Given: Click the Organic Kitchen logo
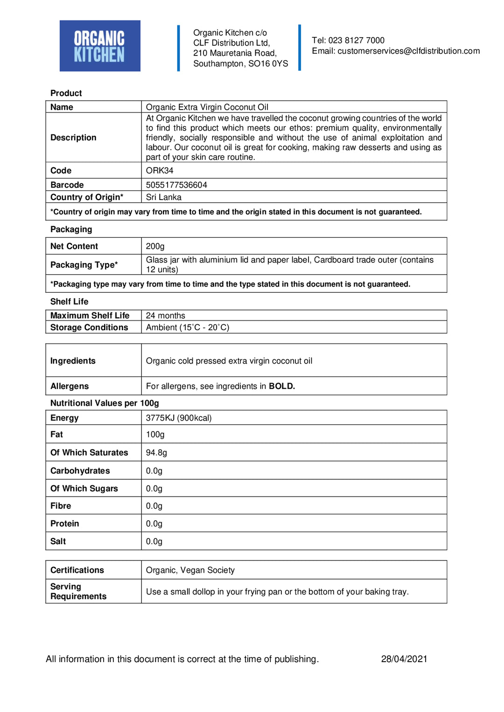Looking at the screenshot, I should [100, 46].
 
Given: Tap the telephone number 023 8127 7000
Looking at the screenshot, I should [356, 41].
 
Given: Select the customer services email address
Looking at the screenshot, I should [408, 51].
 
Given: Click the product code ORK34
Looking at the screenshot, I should [160, 171].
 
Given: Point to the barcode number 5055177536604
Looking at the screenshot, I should [176, 185].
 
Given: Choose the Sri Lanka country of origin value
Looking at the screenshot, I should [164, 197].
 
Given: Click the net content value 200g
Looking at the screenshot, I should [155, 246].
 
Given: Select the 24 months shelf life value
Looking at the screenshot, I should [165, 316].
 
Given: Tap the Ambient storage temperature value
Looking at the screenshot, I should [188, 327].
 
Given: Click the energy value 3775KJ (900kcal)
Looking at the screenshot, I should [179, 418].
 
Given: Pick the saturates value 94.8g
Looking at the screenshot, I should [156, 453].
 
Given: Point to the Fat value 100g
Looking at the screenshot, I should [155, 435].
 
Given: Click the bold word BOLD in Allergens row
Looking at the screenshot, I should [282, 386].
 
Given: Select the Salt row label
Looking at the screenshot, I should [58, 541].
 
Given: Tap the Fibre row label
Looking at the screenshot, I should [61, 506].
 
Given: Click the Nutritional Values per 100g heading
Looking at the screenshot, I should [105, 403].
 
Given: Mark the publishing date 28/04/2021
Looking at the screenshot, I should [404, 659].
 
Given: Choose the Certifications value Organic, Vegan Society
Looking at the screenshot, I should [190, 570].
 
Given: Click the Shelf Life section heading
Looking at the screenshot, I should [69, 302].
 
